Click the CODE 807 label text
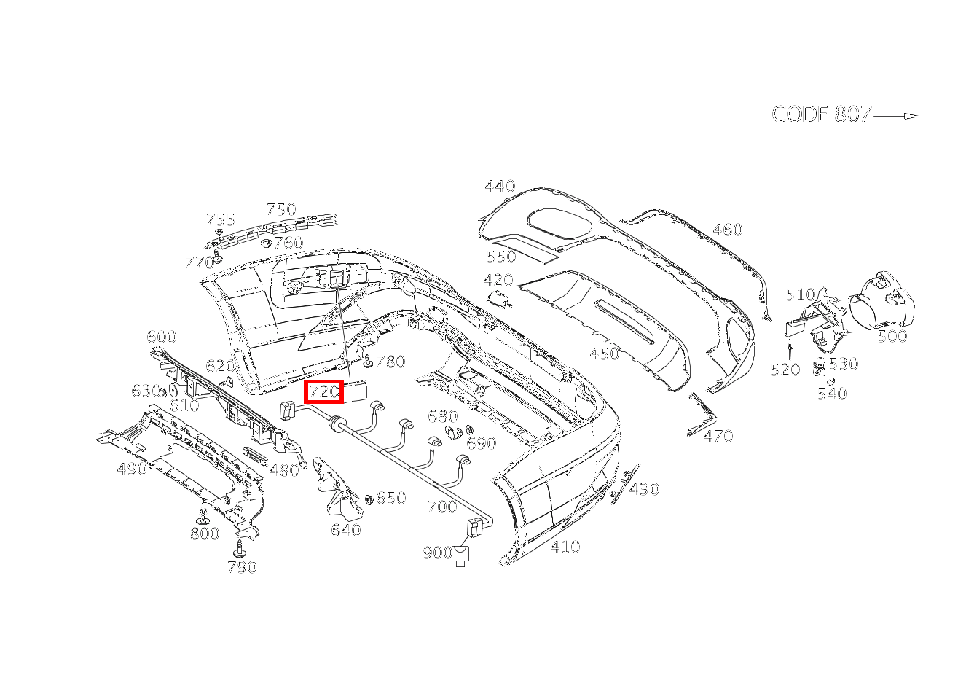tap(821, 114)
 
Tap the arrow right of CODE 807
tap(896, 116)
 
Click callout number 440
tap(500, 186)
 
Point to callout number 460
tap(727, 230)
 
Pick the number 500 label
tap(892, 336)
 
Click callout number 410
tap(565, 547)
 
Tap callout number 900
tap(437, 553)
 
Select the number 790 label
tap(242, 567)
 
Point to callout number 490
tap(132, 469)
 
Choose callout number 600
tap(161, 337)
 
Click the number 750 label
tap(280, 209)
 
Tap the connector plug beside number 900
tap(461, 555)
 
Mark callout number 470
tap(718, 436)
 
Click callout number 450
tap(604, 354)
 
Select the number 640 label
tap(345, 530)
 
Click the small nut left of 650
tap(369, 499)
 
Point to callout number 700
tap(441, 506)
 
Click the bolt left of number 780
tap(368, 361)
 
